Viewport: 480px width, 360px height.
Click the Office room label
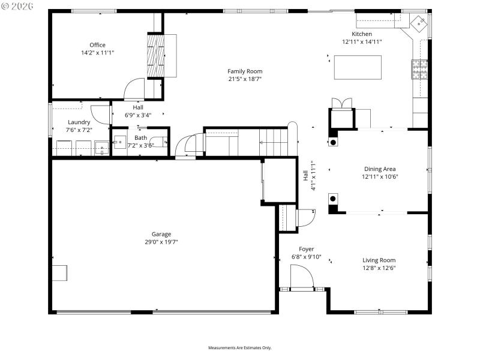pos(97,45)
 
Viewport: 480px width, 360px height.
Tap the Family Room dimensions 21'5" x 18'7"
pos(245,79)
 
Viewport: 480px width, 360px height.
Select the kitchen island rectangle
pos(358,67)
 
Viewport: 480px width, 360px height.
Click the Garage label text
pos(161,234)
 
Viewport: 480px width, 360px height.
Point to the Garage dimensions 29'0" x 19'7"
pos(161,242)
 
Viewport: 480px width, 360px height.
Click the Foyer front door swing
pos(301,277)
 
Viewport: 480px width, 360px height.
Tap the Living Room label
pos(379,260)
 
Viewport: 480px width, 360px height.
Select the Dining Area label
pos(380,169)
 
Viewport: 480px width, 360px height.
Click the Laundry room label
pos(79,122)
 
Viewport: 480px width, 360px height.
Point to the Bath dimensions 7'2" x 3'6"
pos(140,145)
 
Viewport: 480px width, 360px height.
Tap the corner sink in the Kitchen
pos(419,23)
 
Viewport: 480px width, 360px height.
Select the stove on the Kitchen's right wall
pos(419,70)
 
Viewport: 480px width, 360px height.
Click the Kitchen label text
pos(362,34)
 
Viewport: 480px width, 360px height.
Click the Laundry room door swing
pos(100,115)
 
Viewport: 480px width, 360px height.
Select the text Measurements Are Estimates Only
pos(240,348)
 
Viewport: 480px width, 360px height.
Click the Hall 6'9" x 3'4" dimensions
pos(138,115)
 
